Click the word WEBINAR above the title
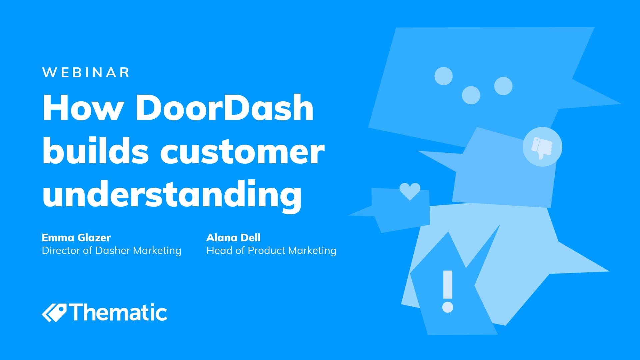tap(86, 73)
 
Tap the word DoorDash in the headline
tap(224, 108)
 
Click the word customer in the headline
tap(242, 153)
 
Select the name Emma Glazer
tap(76, 238)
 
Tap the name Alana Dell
tap(233, 238)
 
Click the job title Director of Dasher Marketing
tap(112, 251)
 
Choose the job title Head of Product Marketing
tap(271, 251)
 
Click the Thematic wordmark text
tap(118, 313)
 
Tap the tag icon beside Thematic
tap(54, 313)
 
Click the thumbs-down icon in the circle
tap(542, 147)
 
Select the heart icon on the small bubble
tap(410, 191)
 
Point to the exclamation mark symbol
tap(448, 291)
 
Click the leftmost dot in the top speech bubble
tap(444, 76)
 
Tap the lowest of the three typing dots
tap(471, 95)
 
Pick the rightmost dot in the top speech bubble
tap(503, 86)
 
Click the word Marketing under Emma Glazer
tap(157, 251)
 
